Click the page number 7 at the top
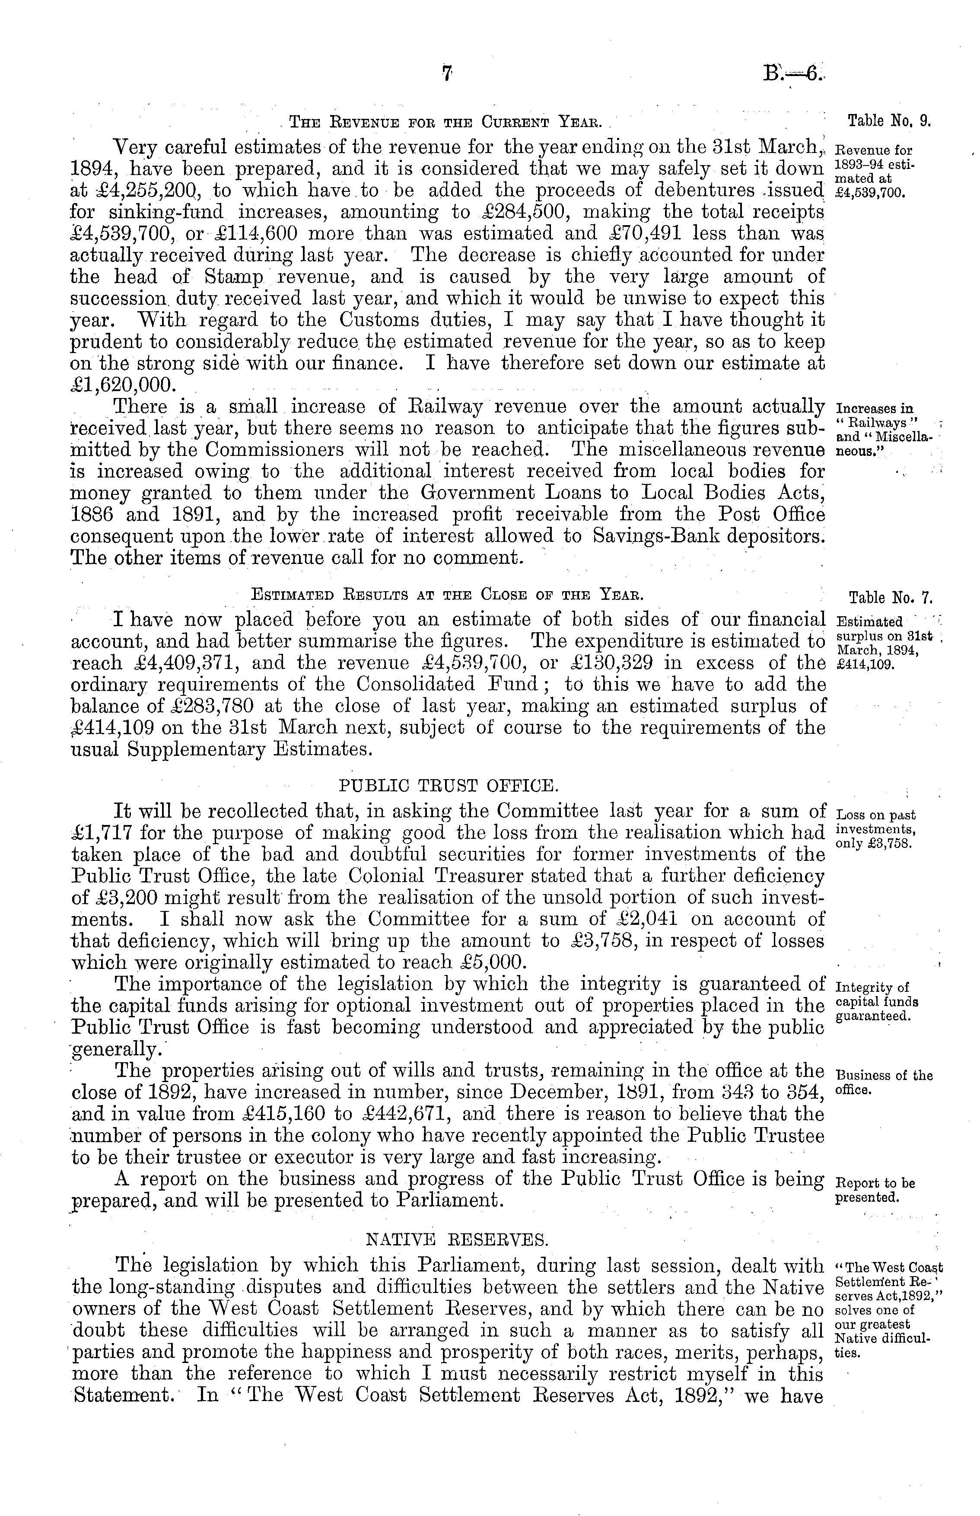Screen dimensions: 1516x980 (x=447, y=74)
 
